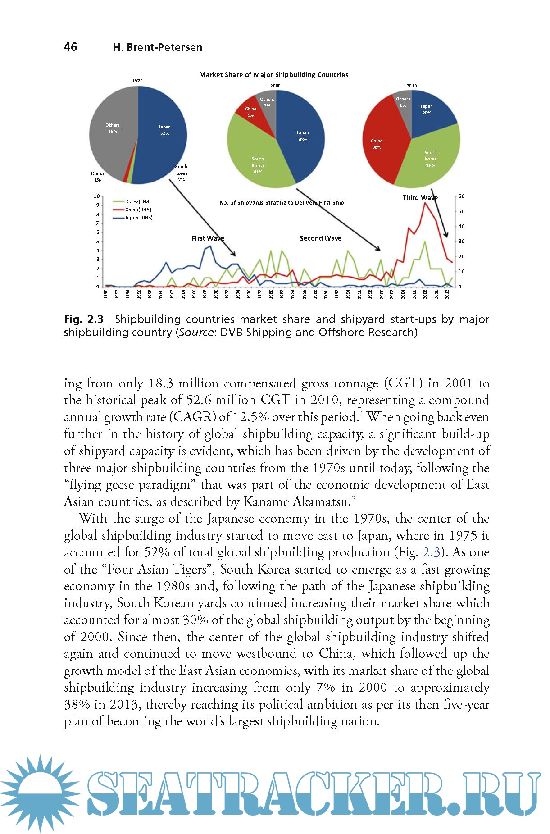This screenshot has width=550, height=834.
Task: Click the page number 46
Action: coord(71,47)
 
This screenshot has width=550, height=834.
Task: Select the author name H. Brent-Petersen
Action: coord(158,47)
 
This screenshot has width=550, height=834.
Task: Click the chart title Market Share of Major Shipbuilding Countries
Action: coord(273,75)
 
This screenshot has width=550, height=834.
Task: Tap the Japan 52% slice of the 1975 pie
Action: coord(162,135)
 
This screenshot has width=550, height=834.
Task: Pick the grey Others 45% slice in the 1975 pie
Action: coord(110,135)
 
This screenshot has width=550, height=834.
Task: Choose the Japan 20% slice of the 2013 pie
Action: coord(430,110)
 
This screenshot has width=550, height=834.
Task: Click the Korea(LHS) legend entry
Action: coord(137,201)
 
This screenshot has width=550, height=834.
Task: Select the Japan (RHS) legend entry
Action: coord(138,218)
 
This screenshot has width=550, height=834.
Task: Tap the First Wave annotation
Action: coord(208,238)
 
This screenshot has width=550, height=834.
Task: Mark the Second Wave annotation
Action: coord(320,238)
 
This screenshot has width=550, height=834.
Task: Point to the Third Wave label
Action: coord(419,198)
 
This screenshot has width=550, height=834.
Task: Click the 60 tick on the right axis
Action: coord(461,196)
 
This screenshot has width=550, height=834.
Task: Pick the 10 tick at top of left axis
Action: coord(96,196)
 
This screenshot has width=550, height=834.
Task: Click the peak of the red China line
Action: coord(425,203)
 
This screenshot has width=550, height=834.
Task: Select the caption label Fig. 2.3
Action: coord(84,319)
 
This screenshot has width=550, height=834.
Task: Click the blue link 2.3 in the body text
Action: coord(431,552)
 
